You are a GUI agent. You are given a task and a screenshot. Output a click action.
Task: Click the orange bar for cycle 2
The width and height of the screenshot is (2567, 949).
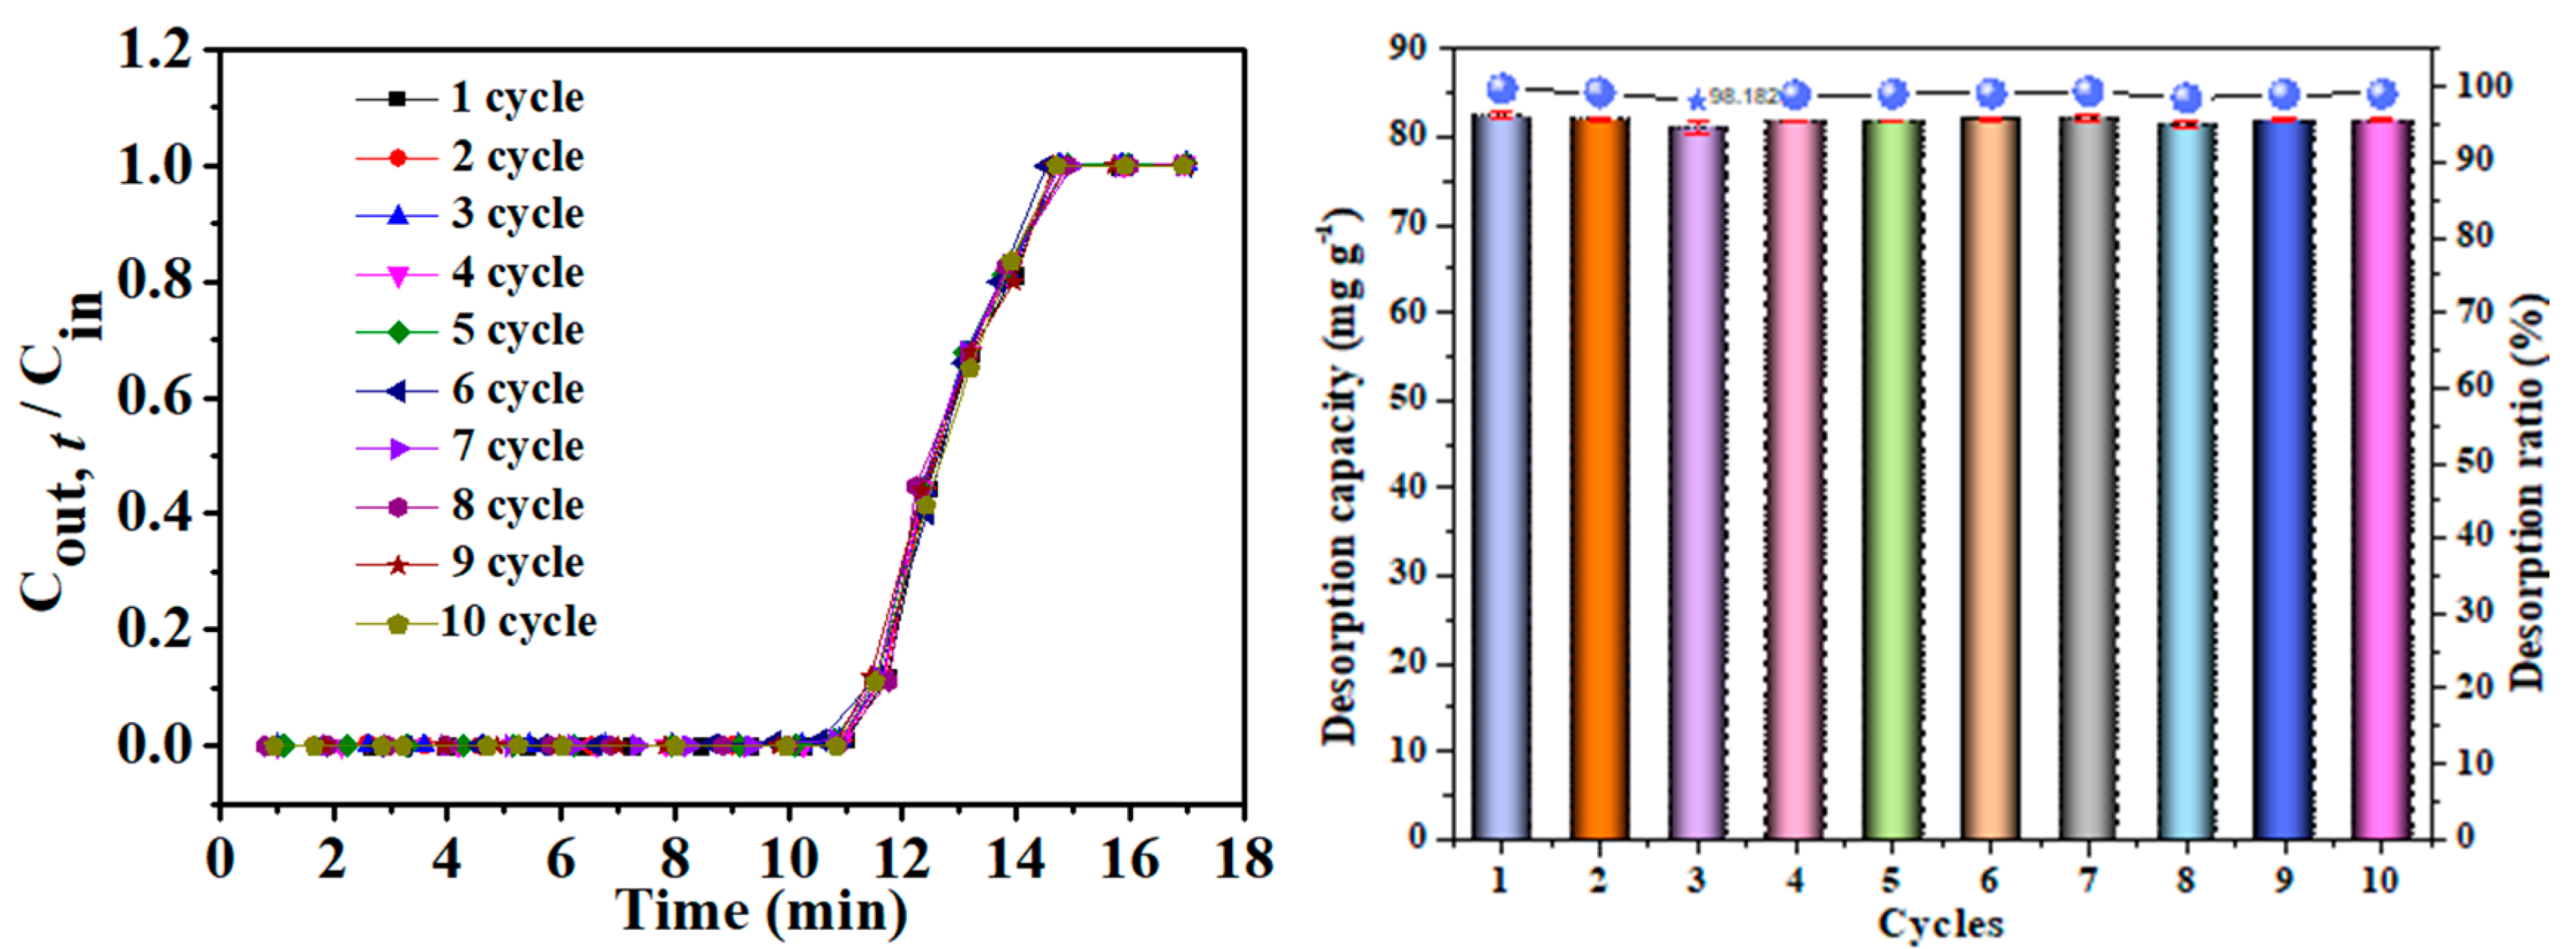point(1599,478)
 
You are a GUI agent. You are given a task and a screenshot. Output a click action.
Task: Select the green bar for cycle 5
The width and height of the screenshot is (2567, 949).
point(1891,478)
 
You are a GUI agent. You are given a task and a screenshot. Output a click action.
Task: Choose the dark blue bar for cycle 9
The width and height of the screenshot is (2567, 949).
point(2283,478)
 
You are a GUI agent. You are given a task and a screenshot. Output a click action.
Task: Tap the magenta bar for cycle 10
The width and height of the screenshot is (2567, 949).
point(2381,478)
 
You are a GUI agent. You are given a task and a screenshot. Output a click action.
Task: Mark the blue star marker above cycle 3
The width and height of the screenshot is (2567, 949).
point(1696,101)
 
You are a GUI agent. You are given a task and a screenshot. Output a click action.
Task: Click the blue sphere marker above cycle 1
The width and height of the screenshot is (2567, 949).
point(1502,89)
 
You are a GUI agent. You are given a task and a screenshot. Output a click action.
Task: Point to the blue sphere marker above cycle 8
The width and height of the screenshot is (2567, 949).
point(2186,98)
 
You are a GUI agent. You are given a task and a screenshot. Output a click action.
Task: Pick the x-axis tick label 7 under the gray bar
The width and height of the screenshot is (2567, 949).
point(2088,880)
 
